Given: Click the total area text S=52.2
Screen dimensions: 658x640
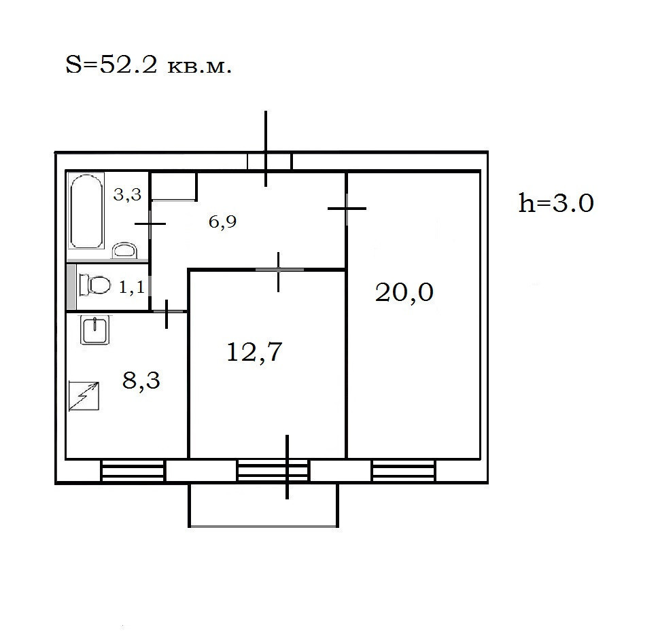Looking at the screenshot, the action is pyautogui.click(x=111, y=65).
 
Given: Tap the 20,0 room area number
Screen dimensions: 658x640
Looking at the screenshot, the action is pyautogui.click(x=404, y=292).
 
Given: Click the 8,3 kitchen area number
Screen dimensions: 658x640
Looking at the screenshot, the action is pyautogui.click(x=141, y=380).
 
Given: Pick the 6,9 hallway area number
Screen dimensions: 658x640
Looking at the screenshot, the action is pyautogui.click(x=222, y=221).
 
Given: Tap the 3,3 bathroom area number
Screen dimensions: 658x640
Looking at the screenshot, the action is pyautogui.click(x=127, y=194).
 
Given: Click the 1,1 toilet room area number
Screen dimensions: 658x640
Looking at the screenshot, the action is pyautogui.click(x=132, y=287).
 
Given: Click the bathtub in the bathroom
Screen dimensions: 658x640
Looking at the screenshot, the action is pyautogui.click(x=86, y=211).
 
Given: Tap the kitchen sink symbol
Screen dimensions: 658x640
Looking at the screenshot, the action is pyautogui.click(x=96, y=330).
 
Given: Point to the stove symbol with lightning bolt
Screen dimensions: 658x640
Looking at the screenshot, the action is pyautogui.click(x=84, y=396).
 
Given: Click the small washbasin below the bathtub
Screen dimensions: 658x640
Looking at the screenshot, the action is pyautogui.click(x=124, y=251).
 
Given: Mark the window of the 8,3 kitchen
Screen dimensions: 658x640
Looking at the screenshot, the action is pyautogui.click(x=133, y=471).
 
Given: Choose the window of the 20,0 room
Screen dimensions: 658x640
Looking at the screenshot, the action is pyautogui.click(x=403, y=471).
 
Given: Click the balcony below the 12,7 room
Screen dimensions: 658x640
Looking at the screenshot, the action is pyautogui.click(x=263, y=505).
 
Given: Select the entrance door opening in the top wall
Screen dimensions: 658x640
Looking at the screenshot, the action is pyautogui.click(x=269, y=162).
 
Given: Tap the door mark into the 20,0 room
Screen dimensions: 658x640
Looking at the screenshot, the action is pyautogui.click(x=347, y=209).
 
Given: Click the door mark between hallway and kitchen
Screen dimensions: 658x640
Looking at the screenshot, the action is pyautogui.click(x=167, y=312).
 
